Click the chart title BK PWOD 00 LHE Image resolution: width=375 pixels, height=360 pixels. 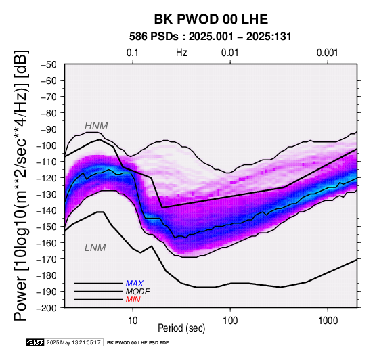tap(211, 19)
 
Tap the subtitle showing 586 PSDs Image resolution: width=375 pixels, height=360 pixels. tap(211, 37)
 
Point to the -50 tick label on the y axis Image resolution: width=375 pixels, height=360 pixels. tap(49, 64)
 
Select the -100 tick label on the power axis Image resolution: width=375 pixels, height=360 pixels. tap(47, 145)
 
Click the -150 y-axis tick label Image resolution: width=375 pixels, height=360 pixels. tap(47, 227)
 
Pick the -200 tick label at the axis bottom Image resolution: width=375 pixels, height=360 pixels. tap(47, 308)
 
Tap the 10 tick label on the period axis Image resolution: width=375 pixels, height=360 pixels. tap(133, 321)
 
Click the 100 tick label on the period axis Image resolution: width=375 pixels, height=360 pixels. tap(230, 321)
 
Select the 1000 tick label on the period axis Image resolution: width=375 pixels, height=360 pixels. tap(328, 321)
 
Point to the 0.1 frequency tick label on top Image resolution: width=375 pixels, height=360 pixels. tap(133, 53)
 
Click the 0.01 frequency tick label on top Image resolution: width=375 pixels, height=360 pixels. tap(230, 53)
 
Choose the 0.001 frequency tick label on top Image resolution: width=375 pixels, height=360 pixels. tap(327, 53)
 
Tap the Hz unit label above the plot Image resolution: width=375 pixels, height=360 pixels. tap(181, 53)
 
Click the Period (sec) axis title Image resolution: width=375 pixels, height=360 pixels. tap(181, 328)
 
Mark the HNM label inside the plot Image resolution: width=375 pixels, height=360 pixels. tap(96, 126)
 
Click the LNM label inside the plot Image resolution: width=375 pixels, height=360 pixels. tap(95, 248)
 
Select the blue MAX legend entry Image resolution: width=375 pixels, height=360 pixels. tap(135, 284)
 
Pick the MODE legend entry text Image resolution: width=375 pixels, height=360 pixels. tap(138, 292)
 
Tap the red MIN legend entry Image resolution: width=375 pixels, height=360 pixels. tap(133, 300)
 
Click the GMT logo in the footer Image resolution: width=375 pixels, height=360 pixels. tap(35, 342)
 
